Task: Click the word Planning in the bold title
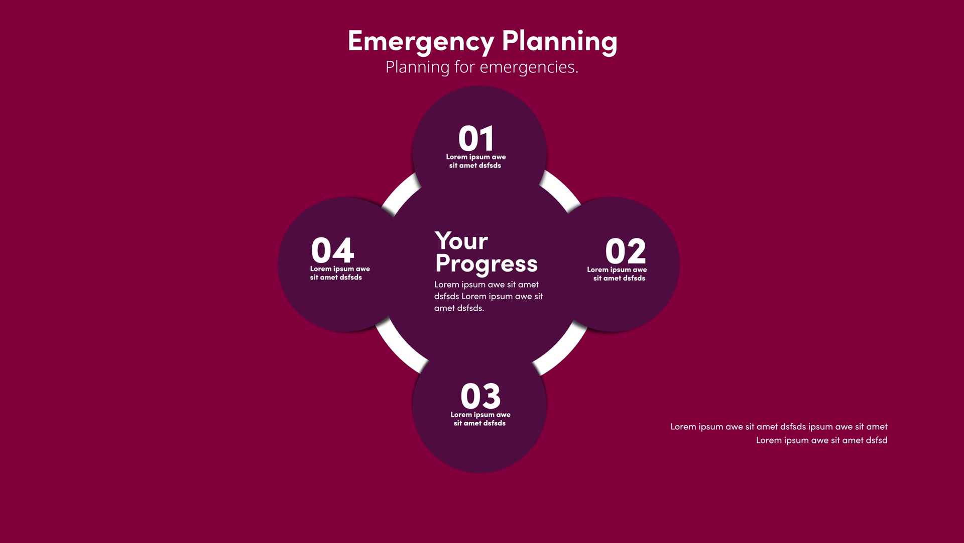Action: pos(559,42)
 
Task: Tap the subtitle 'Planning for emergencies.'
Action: pos(482,67)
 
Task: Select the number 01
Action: pos(476,139)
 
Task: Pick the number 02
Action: pos(626,251)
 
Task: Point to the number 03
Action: pos(480,396)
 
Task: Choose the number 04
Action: pos(332,250)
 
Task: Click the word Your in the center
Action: pos(461,241)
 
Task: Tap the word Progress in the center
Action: pos(486,264)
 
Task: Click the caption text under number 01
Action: pos(475,161)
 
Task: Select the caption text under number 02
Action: pos(617,274)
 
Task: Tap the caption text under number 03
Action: pos(480,419)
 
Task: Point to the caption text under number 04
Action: pos(340,273)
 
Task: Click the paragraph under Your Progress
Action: pos(489,296)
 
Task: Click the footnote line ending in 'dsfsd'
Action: pos(821,440)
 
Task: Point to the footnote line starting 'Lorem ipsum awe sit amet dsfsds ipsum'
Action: pos(779,427)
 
